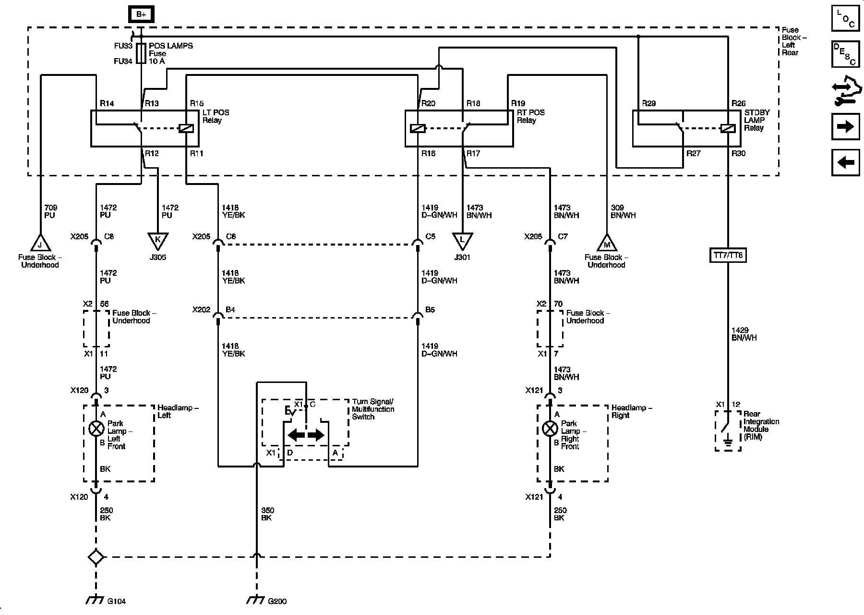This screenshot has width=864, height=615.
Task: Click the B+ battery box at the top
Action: [x=141, y=14]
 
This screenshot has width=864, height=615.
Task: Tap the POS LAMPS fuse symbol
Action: [x=141, y=53]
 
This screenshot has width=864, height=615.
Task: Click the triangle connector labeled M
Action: [x=607, y=243]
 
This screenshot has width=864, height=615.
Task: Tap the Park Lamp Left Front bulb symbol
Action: [x=96, y=429]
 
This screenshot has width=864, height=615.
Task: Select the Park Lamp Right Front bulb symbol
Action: [x=550, y=429]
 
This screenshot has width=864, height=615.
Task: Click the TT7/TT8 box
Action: [x=728, y=255]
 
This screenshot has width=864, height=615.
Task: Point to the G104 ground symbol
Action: [x=96, y=600]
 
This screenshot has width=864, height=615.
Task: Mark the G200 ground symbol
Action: [x=256, y=600]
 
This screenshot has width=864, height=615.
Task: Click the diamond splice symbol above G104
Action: [x=96, y=557]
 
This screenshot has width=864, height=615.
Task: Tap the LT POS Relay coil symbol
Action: [x=186, y=128]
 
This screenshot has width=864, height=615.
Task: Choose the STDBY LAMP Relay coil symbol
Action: [x=728, y=128]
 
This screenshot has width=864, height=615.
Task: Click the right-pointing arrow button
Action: [x=845, y=127]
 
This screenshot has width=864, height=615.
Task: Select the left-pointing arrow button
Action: [x=845, y=162]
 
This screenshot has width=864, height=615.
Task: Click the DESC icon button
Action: [x=845, y=54]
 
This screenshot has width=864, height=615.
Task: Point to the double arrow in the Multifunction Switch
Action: [x=306, y=436]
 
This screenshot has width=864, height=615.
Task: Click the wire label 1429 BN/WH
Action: [x=744, y=334]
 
